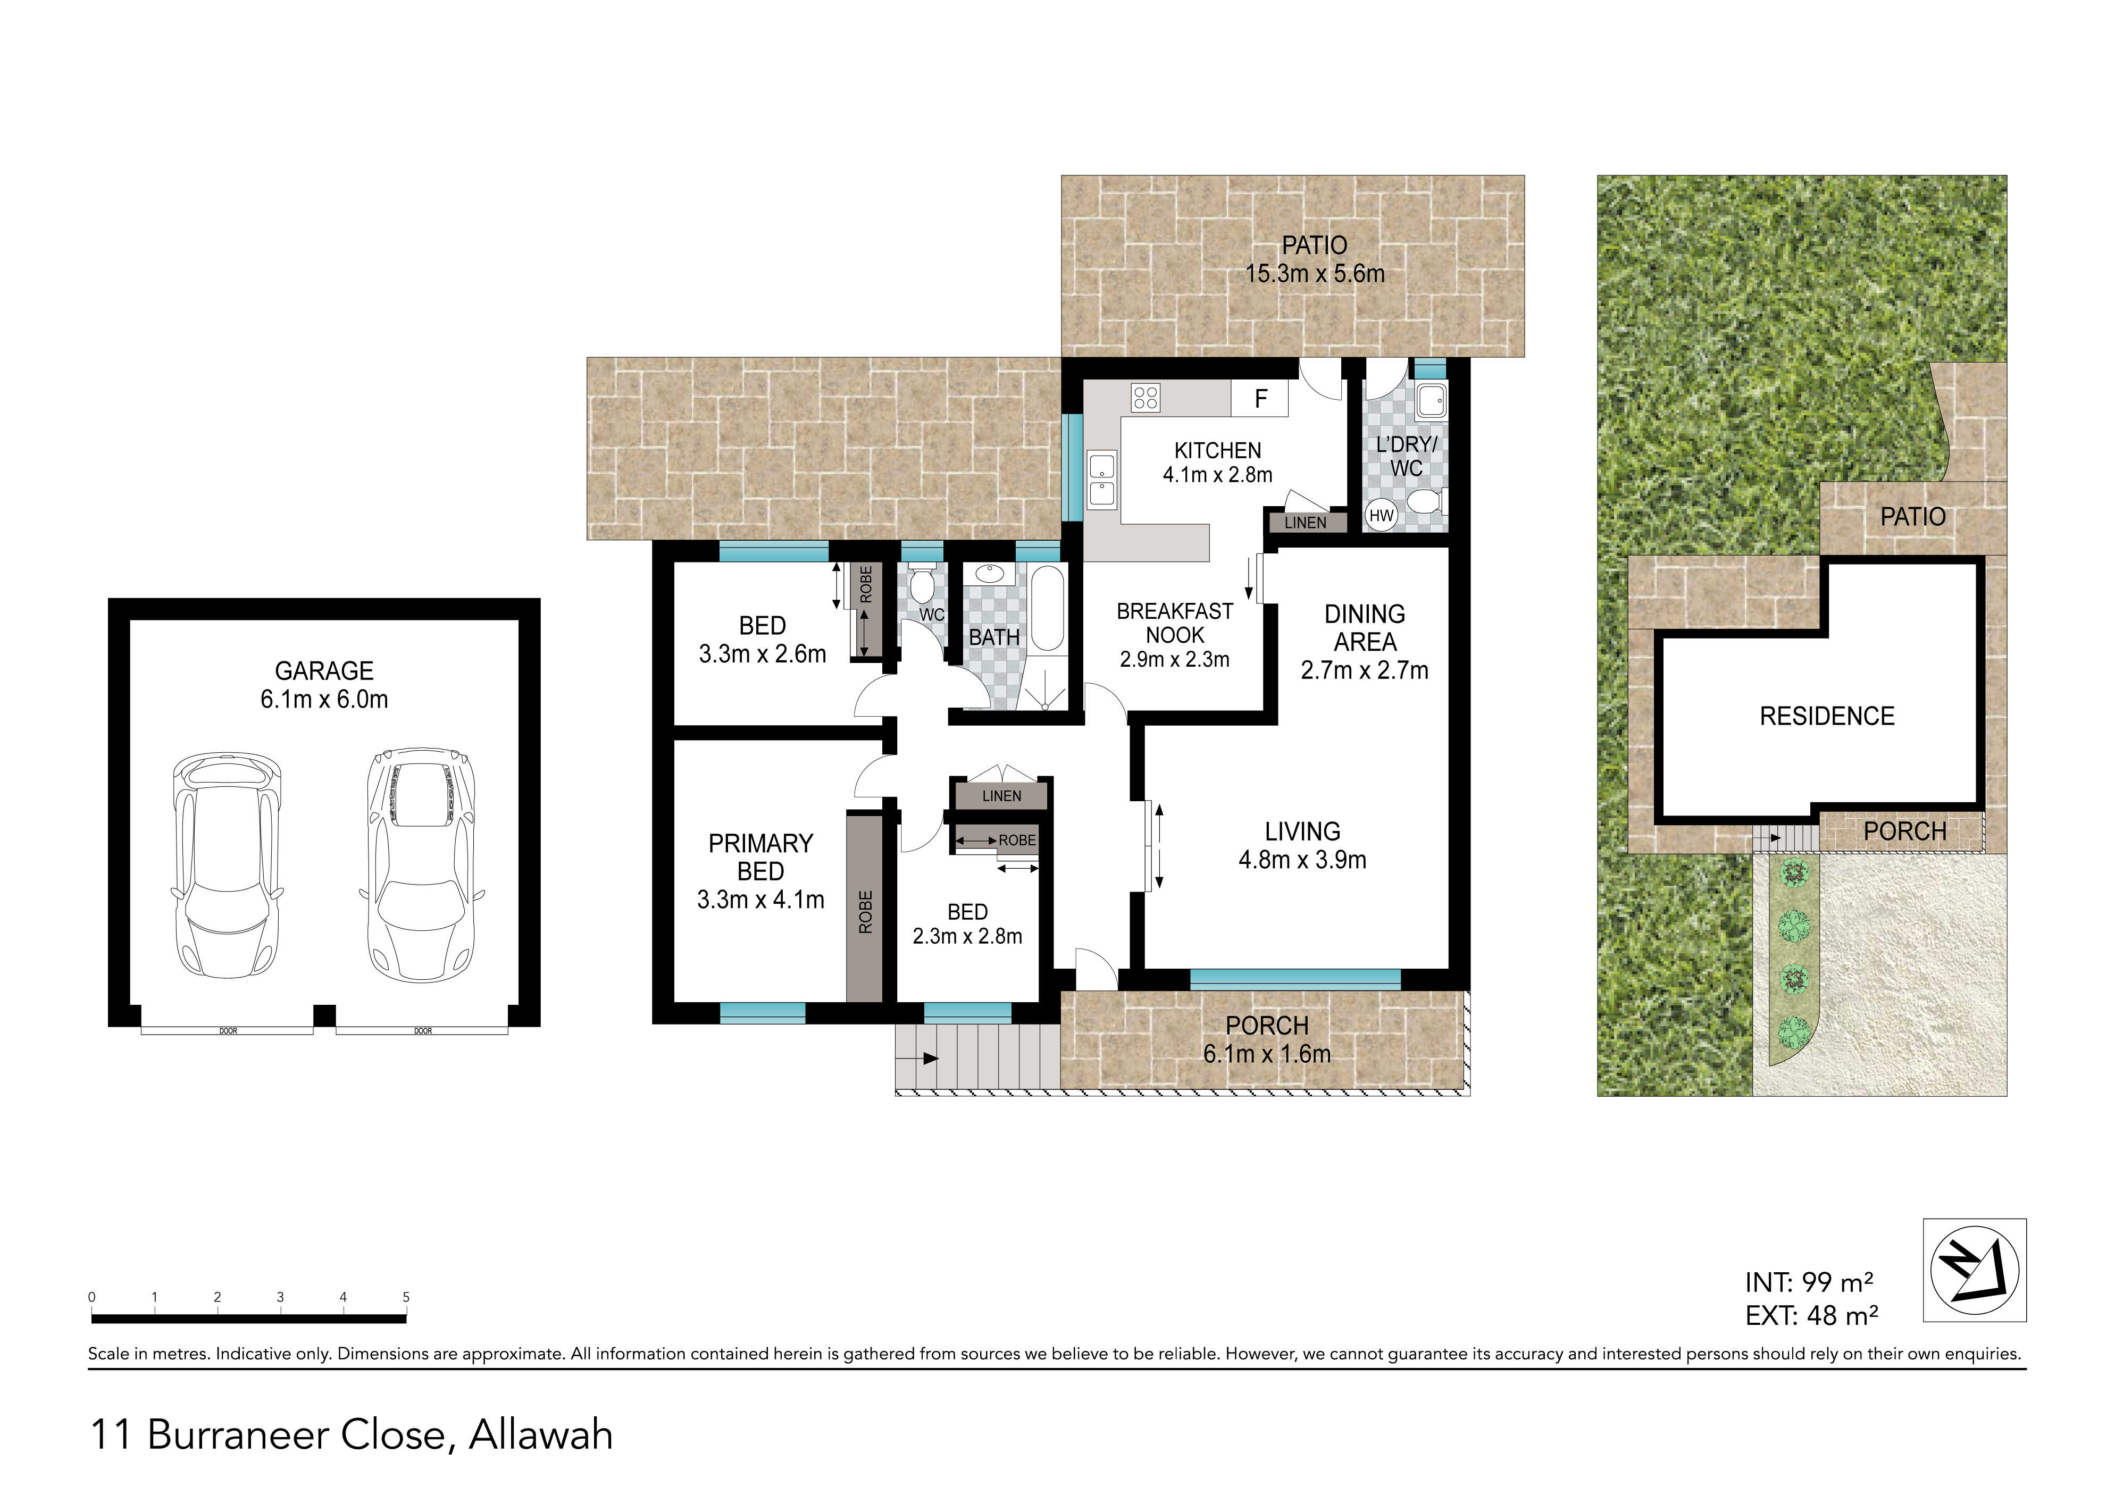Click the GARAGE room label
coord(324,684)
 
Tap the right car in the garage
coord(422,863)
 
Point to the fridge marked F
coord(1260,398)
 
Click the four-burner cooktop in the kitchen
coord(1146,398)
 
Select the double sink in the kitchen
coord(1102,480)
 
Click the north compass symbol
coord(1974,1270)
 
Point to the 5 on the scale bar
coord(406,1297)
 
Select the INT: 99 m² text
coord(1809,1282)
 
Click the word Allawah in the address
coord(541,1435)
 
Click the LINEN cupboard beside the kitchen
coord(1305,522)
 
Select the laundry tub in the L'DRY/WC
coord(1432,401)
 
